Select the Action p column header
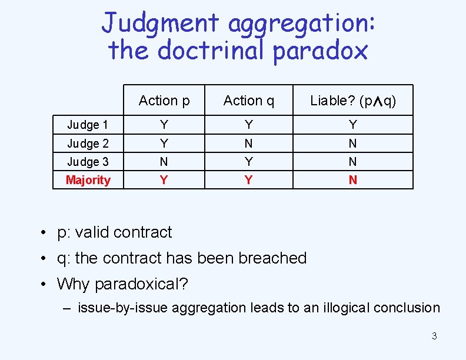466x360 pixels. click(x=164, y=101)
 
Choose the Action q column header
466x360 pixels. click(x=249, y=101)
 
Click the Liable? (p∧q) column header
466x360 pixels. click(x=353, y=101)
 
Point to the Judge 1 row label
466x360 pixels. click(x=88, y=125)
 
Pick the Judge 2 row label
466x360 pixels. click(x=88, y=143)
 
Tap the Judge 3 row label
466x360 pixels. click(x=88, y=161)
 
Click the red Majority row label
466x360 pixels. click(x=88, y=180)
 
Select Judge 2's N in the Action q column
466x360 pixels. click(x=249, y=143)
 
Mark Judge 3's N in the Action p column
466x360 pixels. click(x=164, y=161)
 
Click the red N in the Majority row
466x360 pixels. click(x=353, y=180)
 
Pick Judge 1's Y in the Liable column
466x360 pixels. click(x=353, y=125)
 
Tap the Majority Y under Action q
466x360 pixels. click(x=249, y=180)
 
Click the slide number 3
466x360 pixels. click(x=434, y=336)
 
